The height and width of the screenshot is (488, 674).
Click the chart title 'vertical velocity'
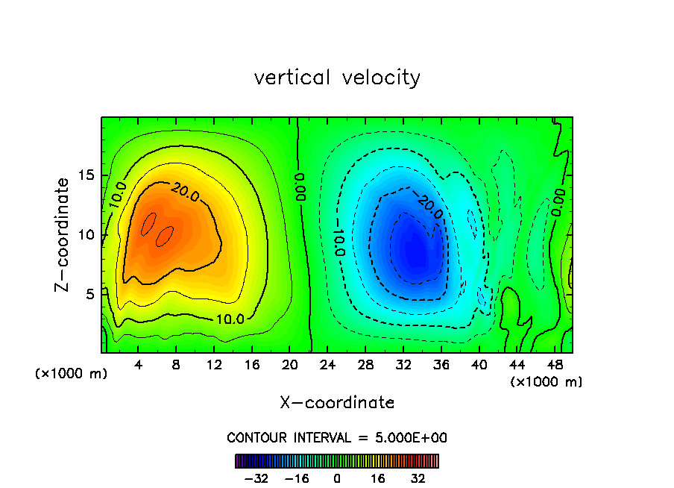[x=337, y=78]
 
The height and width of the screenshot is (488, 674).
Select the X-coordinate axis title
[x=337, y=403]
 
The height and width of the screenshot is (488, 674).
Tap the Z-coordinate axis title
[x=65, y=234]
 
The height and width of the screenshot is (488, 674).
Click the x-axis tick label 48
[x=554, y=365]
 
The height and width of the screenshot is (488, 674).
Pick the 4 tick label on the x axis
[x=139, y=365]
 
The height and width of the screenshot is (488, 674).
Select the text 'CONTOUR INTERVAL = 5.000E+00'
[x=337, y=437]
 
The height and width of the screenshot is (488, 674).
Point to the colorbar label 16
[x=378, y=478]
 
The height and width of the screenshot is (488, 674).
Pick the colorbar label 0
[x=337, y=478]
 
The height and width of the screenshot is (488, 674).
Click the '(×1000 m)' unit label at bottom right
[x=547, y=381]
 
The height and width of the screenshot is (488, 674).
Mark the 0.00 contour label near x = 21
[x=299, y=187]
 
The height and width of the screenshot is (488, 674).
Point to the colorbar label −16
[x=296, y=478]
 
